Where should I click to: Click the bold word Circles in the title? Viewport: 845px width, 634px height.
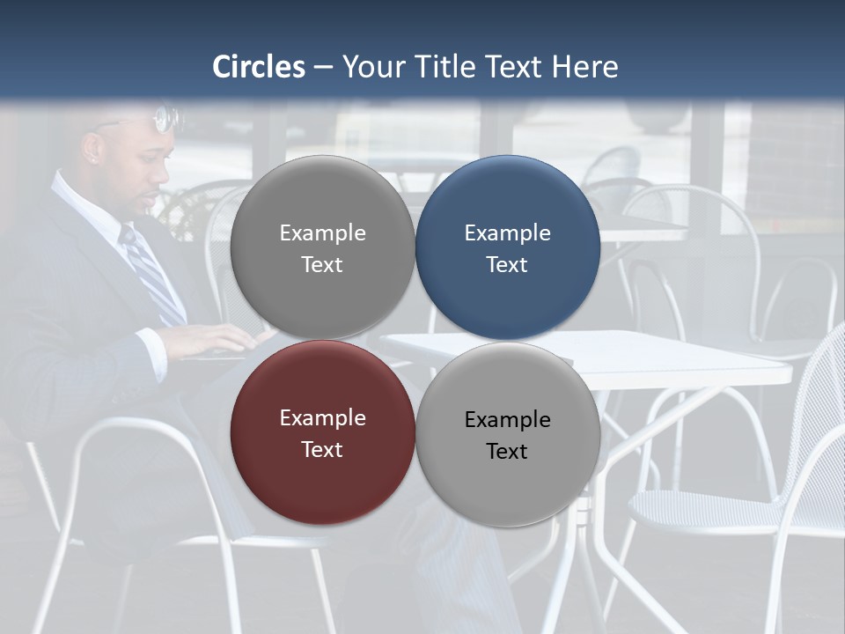[259, 67]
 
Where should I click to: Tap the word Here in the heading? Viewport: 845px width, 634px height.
[585, 67]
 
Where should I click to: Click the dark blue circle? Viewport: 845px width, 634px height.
[507, 247]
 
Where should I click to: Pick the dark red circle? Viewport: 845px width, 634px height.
[322, 432]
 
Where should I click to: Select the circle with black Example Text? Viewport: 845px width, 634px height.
[507, 434]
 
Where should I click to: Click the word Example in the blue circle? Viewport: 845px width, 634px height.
[507, 232]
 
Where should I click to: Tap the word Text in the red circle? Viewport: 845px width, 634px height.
[322, 449]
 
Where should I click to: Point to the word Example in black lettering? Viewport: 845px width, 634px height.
[507, 419]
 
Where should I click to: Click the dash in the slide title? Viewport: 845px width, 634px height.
[323, 67]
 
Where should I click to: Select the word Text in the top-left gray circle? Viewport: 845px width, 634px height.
[322, 264]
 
